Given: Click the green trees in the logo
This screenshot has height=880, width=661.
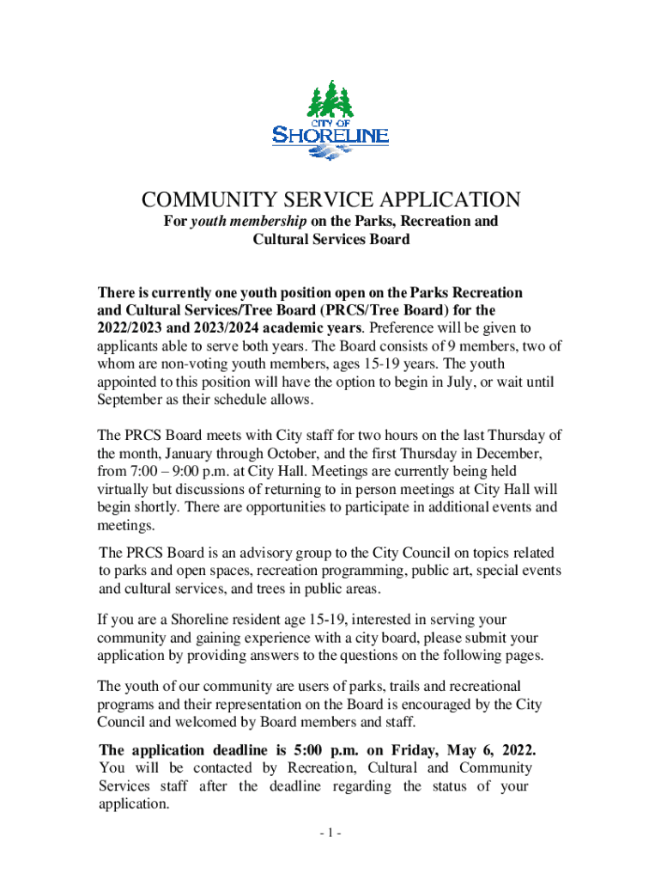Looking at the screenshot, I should pos(330,101).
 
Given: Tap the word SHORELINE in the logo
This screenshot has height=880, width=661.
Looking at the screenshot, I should pos(330,135).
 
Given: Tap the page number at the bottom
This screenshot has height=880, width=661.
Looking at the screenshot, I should pos(330,834).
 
